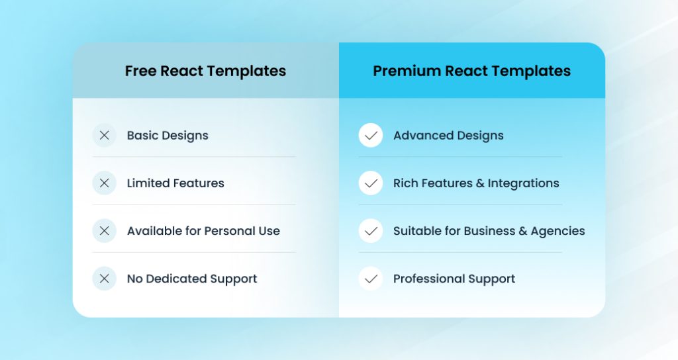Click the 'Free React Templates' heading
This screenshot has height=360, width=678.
[x=205, y=71]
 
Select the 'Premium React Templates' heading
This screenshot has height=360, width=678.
[x=471, y=71]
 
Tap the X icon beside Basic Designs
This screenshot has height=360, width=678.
[x=104, y=136]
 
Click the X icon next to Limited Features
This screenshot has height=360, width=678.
[x=104, y=183]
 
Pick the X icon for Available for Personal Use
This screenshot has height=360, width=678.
[x=104, y=231]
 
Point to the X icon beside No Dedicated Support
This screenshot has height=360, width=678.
[x=104, y=279]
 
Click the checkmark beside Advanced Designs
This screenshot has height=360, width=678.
[x=371, y=136]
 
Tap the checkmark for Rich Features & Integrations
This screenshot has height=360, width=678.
[x=371, y=183]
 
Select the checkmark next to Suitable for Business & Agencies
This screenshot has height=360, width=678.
[x=371, y=231]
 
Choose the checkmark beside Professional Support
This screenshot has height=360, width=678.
[x=371, y=279]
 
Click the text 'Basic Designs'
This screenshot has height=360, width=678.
[x=168, y=136]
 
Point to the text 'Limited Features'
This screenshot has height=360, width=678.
[x=175, y=183]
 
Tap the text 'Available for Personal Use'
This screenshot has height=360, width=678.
[x=203, y=231]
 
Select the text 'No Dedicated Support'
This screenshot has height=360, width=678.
[x=192, y=279]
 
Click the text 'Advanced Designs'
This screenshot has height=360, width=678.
[x=448, y=136]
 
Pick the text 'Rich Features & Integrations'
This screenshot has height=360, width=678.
[x=476, y=183]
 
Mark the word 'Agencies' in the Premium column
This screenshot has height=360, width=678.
[x=557, y=231]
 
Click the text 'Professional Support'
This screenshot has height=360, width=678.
[x=454, y=279]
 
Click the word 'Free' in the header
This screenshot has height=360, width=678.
[x=140, y=71]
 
